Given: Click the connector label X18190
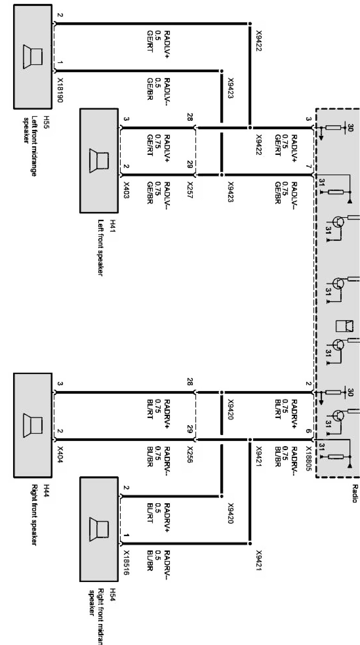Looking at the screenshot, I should (60, 90).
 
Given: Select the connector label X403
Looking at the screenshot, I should (126, 190).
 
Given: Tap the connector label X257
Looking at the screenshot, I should (189, 190).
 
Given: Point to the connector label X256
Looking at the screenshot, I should (189, 454).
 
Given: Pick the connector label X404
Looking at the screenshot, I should (60, 454).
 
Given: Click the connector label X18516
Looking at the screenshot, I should (126, 562).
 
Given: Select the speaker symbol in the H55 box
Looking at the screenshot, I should (33, 57).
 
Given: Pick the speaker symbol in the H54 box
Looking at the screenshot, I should (99, 529).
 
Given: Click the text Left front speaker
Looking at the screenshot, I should (100, 247).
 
